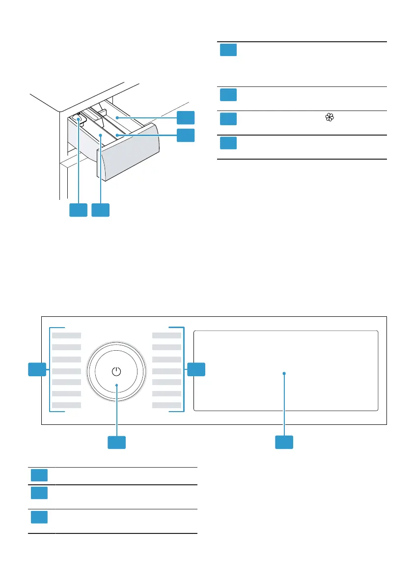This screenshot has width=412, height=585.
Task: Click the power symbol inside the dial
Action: click(116, 372)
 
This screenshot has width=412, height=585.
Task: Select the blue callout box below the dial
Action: click(116, 442)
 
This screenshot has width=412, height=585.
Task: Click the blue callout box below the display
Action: click(284, 442)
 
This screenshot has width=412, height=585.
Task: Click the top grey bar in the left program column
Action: click(67, 335)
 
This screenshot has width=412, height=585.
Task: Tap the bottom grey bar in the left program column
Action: click(67, 405)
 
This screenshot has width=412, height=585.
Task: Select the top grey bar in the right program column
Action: click(166, 335)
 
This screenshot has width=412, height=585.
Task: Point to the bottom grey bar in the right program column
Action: click(166, 405)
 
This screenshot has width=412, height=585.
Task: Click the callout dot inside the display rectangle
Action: click(284, 374)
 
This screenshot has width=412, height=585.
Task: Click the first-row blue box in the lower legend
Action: click(39, 475)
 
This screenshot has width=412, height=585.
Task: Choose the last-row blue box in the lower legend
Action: click(39, 517)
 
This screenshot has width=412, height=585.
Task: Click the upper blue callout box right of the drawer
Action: click(186, 117)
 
